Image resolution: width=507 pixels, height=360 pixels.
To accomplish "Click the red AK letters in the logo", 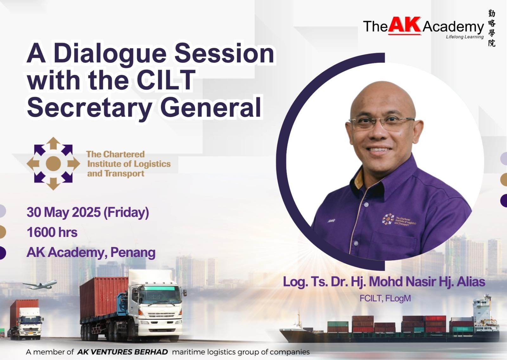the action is [x=405, y=25].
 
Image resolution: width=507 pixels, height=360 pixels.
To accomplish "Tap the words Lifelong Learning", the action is [x=465, y=37].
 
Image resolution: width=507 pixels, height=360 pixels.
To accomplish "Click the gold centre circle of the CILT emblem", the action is [x=54, y=163].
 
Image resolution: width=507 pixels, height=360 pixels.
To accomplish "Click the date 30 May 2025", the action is [x=64, y=212].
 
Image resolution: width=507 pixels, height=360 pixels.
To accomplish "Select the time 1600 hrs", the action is [x=52, y=232].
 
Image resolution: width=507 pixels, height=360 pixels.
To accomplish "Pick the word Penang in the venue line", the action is [x=133, y=252].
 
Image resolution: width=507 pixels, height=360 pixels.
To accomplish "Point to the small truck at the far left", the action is [x=25, y=319].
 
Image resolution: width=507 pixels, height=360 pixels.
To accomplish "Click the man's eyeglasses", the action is [x=382, y=123].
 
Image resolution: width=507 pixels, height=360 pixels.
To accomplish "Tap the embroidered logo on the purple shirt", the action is [x=399, y=220].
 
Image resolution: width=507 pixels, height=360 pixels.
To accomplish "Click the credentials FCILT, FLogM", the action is [x=385, y=298].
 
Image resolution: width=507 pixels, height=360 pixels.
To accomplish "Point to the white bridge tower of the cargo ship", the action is [x=482, y=311].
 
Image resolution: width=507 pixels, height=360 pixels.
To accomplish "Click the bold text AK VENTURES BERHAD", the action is [x=122, y=352].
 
